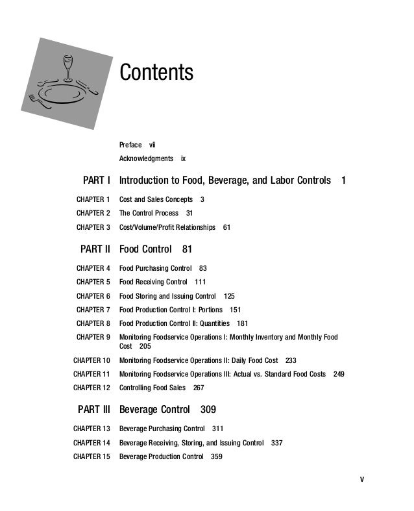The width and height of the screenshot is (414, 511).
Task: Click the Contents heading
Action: pos(156,72)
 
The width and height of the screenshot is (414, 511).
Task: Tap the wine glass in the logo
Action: pos(66,66)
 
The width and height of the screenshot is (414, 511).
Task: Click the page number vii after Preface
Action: pos(152,144)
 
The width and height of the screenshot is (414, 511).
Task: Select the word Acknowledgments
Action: pos(146,158)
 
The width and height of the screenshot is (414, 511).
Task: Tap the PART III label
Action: pos(94,410)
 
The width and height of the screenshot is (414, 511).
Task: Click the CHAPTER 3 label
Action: pos(93,227)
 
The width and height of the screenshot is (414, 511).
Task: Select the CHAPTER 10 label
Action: pos(91,360)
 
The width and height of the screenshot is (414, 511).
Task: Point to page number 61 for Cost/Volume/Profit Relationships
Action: pos(226,227)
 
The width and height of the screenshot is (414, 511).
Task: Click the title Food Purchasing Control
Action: pos(155,268)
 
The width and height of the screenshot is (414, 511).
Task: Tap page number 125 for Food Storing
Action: pos(229,296)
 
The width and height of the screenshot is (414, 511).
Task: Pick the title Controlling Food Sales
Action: pos(152,388)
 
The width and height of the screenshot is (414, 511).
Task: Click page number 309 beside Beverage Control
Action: pos(208,410)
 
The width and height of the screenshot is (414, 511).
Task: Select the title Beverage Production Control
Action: pos(161,456)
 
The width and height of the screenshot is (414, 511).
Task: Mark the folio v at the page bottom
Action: pos(362,480)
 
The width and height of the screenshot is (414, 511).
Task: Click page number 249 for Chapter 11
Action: pos(339,374)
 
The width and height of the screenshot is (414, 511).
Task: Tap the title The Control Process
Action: pos(149,213)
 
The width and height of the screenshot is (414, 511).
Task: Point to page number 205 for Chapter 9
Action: pos(145,346)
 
